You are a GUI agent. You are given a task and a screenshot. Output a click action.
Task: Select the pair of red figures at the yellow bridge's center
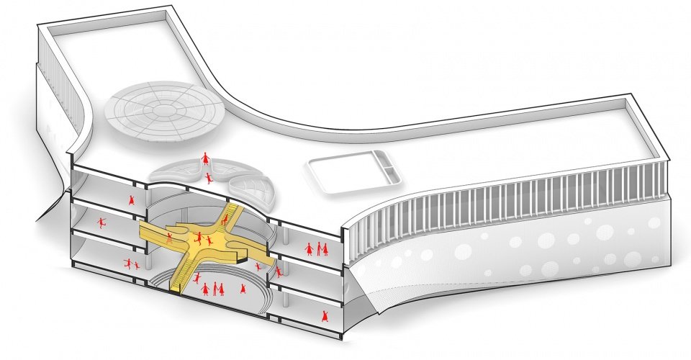point(202,238)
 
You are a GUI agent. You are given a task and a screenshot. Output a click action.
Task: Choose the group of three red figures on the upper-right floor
point(317,249)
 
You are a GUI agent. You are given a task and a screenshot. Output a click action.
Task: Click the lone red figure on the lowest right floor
point(325,315)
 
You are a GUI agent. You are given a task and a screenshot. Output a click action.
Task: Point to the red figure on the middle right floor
point(279,271)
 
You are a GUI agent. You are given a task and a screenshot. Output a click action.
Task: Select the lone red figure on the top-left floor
point(132,199)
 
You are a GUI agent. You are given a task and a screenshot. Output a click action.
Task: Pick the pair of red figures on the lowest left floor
point(131,264)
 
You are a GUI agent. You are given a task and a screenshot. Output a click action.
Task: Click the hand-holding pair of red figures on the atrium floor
point(217,289)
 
